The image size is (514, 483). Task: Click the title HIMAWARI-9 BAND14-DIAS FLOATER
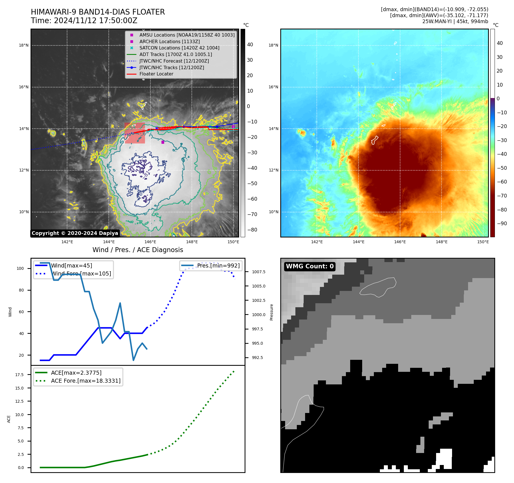pos(98,12)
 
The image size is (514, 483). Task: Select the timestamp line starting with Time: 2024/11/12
pos(84,21)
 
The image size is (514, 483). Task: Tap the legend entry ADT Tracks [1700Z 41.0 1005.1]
pos(176,54)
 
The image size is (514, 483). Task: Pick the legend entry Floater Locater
pos(156,74)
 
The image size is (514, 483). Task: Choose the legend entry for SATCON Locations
pos(179,48)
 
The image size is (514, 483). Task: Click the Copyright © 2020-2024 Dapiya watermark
pos(75,233)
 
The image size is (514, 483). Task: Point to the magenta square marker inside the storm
pos(163,142)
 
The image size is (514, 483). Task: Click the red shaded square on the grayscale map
pos(135,133)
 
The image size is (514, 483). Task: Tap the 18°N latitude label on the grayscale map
pos(24,45)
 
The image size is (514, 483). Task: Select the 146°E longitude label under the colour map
pos(400,242)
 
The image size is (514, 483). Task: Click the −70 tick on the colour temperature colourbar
pos(502,196)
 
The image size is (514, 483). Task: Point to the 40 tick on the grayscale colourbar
pos(250,45)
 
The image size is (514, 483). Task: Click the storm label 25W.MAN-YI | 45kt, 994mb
pos(455,21)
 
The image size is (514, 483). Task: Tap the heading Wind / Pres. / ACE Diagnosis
pos(138,250)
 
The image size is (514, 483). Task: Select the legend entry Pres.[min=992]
pos(218,266)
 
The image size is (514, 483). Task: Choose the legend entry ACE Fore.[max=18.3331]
pos(86,381)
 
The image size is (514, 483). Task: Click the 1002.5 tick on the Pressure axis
pos(258,300)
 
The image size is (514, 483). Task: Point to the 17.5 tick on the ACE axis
pos(19,375)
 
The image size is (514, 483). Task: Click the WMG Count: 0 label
pos(310,266)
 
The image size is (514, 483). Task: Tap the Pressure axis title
pos(271,312)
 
